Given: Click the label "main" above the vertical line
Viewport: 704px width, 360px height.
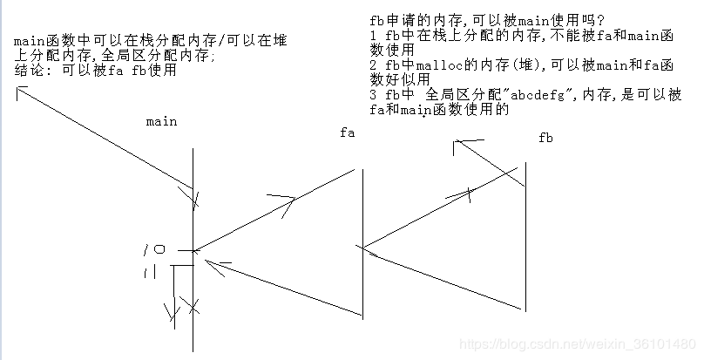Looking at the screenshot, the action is click(x=161, y=121).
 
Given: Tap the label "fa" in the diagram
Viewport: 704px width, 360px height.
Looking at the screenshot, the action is click(x=348, y=132).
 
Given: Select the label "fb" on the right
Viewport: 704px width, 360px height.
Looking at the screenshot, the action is click(x=546, y=138).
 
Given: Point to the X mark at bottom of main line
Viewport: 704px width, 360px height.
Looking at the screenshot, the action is click(x=193, y=308).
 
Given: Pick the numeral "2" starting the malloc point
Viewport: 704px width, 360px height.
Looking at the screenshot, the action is click(x=374, y=65).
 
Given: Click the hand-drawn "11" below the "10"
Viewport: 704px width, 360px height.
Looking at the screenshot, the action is click(x=148, y=275).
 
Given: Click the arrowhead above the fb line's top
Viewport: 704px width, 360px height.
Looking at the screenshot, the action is click(x=462, y=143).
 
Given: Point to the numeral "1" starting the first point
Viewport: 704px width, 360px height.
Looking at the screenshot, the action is click(x=374, y=34).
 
